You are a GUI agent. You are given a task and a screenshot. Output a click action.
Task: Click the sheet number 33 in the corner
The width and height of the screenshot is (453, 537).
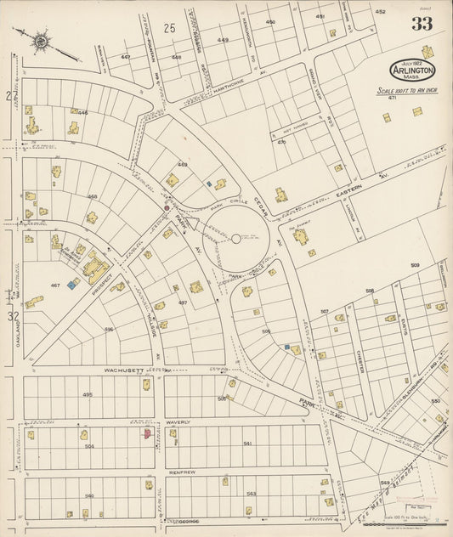point(422,24)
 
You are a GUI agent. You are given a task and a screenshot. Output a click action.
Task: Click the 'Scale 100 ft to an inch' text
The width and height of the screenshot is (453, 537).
point(407,90)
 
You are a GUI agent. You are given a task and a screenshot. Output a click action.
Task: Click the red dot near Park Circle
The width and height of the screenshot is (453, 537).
point(167,206)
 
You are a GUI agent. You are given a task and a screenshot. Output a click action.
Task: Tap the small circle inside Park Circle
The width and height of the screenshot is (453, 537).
point(236,239)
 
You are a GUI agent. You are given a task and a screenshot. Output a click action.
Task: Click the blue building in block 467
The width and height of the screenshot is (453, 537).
point(74,284)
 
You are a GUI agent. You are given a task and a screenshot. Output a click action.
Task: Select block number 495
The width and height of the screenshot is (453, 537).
point(88,394)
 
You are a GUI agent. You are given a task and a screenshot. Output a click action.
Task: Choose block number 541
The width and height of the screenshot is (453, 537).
point(247,444)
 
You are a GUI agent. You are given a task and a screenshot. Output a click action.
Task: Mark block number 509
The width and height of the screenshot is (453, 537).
point(415,266)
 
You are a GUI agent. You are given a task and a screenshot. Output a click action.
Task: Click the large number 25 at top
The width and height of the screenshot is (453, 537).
point(169,29)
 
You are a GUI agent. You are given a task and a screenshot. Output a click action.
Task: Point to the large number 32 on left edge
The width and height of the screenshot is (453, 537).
point(13,316)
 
